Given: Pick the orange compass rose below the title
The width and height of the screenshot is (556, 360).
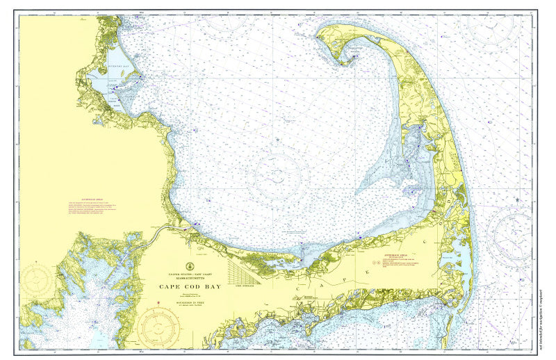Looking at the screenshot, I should [158, 327].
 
